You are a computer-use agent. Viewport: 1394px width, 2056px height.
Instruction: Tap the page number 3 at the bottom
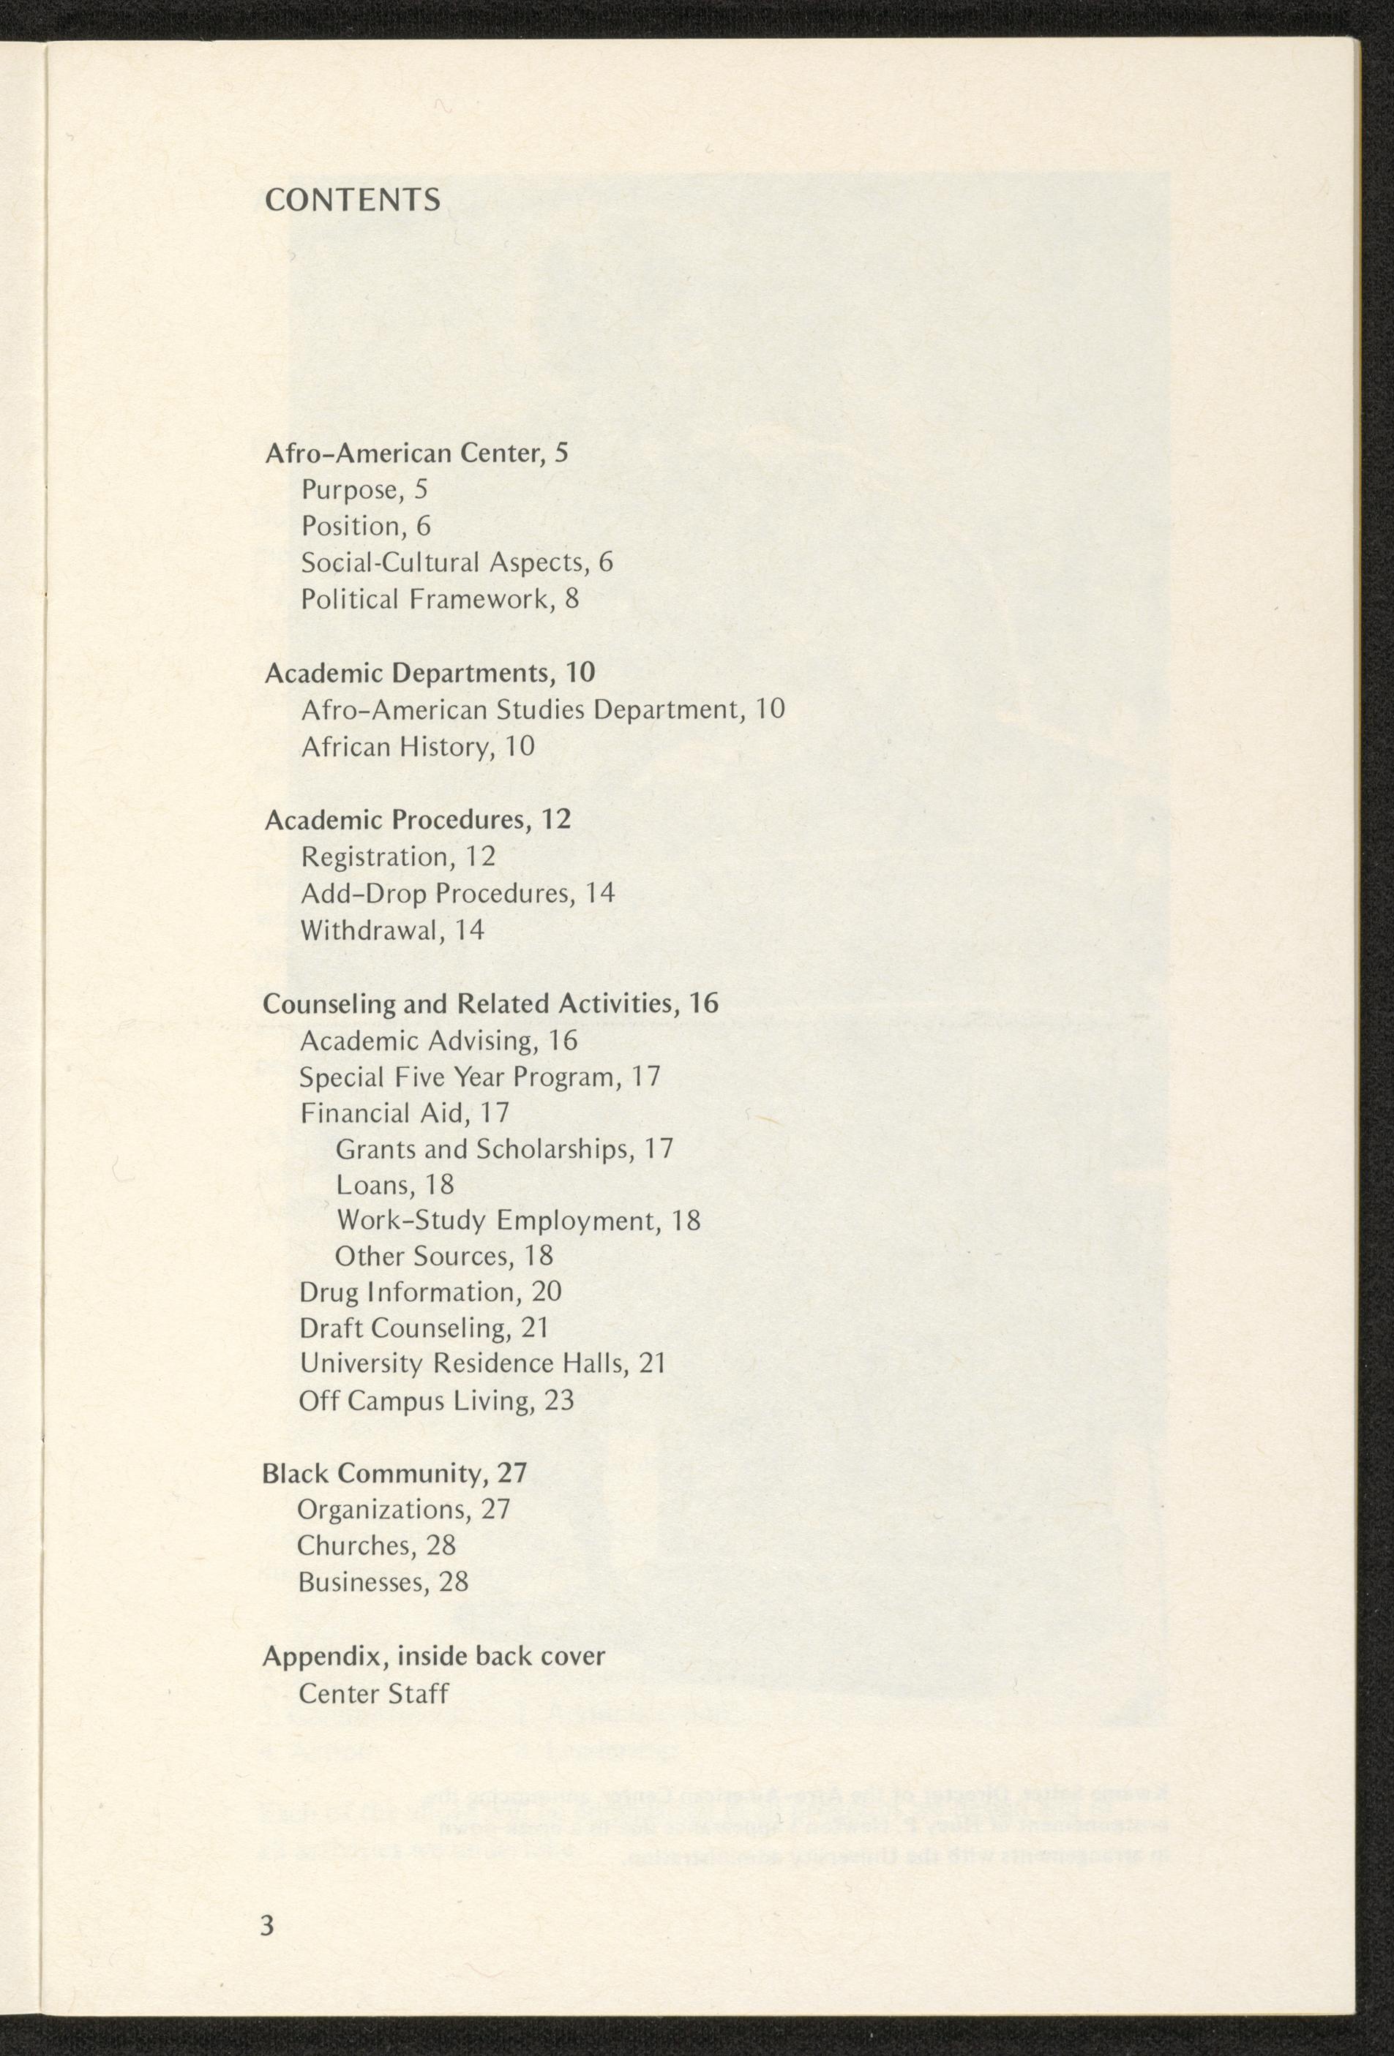267,1949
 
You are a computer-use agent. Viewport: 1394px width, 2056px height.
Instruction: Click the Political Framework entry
439,599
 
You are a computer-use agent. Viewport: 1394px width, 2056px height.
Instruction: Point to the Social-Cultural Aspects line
456,562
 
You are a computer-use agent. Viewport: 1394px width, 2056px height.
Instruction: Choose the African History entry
417,747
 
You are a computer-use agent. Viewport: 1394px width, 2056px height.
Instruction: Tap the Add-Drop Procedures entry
457,894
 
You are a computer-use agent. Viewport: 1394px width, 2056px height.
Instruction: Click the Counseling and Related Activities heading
490,1003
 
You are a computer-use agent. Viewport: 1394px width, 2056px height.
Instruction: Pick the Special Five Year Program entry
480,1077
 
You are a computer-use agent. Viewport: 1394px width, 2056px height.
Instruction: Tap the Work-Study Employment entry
518,1221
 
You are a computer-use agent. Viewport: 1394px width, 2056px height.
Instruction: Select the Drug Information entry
430,1292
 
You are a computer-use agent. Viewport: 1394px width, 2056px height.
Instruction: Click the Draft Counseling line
424,1329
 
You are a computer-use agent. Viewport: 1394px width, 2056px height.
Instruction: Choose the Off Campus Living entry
435,1401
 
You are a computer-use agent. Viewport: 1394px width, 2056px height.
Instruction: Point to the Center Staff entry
373,1693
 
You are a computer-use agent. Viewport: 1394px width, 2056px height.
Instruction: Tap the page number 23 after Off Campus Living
559,1401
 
